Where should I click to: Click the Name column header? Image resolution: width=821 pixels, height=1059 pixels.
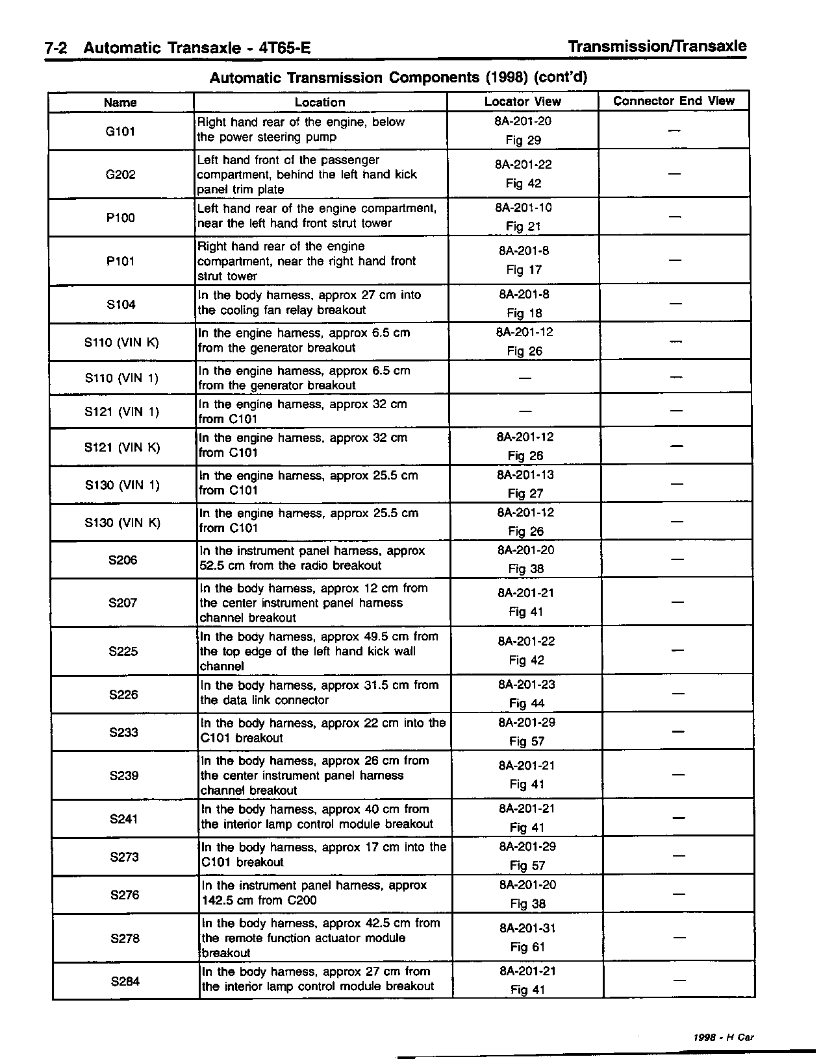(120, 103)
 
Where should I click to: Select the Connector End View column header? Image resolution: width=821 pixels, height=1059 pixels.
(674, 101)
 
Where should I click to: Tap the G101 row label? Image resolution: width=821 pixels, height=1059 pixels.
(120, 131)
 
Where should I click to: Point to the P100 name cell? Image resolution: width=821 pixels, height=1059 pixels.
(121, 218)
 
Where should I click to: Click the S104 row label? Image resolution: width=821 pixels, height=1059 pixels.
(121, 304)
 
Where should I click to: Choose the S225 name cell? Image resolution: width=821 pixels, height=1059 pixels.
(123, 651)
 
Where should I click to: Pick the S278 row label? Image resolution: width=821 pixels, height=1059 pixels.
(125, 938)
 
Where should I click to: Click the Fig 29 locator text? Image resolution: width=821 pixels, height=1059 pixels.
(524, 140)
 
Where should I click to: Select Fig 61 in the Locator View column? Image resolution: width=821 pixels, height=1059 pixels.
(527, 947)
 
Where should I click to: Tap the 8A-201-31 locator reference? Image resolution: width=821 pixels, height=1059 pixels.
(527, 929)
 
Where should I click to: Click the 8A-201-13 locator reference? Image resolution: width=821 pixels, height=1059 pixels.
(525, 475)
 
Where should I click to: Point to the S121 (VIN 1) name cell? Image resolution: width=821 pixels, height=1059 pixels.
(121, 412)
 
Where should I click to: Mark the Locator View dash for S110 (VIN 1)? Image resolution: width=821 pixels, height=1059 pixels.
(524, 378)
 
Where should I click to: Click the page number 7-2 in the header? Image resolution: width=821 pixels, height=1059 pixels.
(59, 49)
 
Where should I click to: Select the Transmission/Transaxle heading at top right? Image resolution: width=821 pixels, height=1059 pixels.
(657, 47)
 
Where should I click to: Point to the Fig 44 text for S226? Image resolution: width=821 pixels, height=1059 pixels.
(527, 703)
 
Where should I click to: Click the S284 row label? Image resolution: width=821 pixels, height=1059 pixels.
(125, 981)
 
